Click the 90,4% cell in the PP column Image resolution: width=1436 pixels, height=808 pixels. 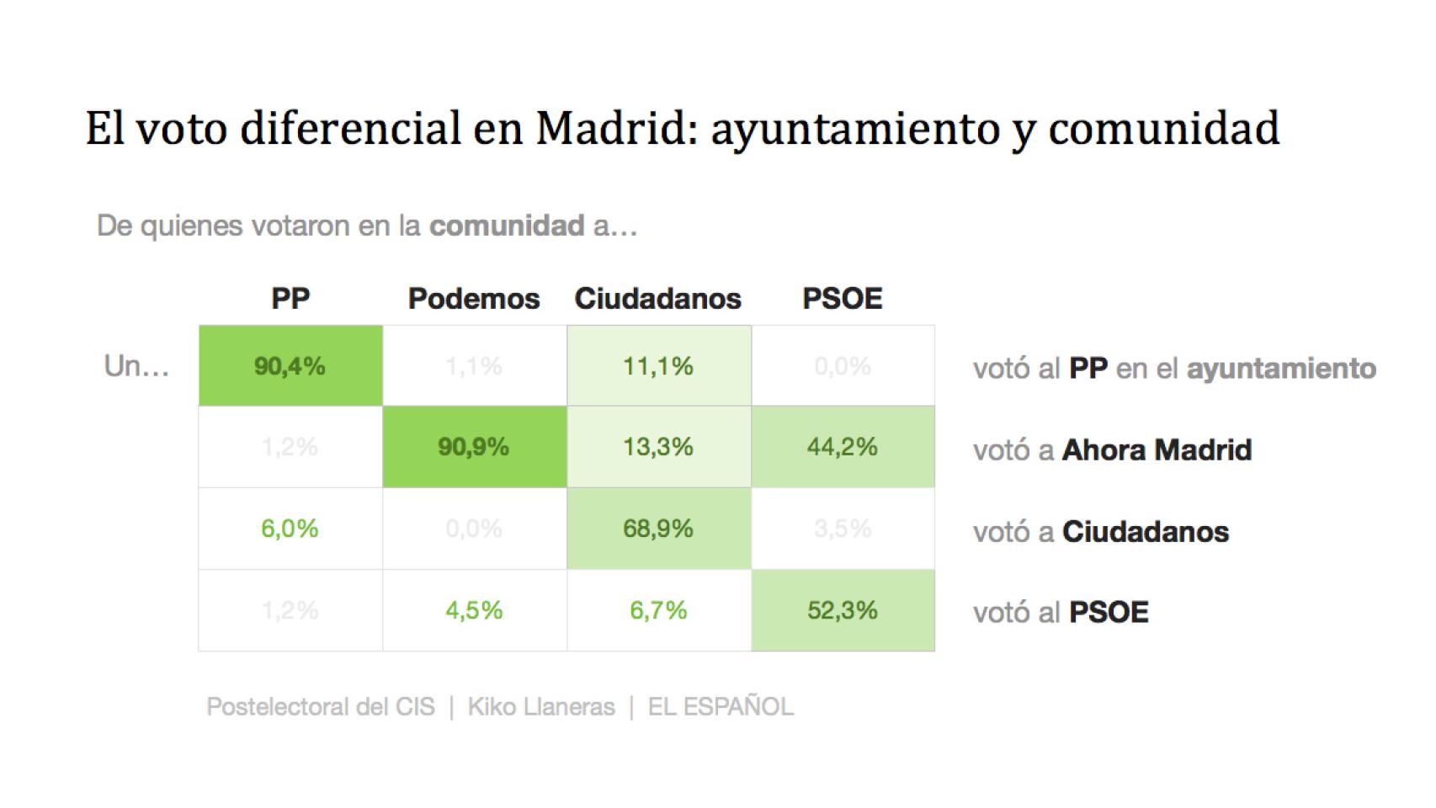pyautogui.click(x=290, y=366)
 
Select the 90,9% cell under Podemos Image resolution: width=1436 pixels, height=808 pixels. pyautogui.click(x=474, y=447)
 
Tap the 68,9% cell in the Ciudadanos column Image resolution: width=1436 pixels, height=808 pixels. pyautogui.click(x=658, y=529)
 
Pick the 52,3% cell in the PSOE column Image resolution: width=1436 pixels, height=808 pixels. pyautogui.click(x=843, y=610)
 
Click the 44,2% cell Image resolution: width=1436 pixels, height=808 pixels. pyautogui.click(x=843, y=447)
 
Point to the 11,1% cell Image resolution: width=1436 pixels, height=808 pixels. pyautogui.click(x=658, y=366)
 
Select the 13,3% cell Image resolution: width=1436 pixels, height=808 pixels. pyautogui.click(x=658, y=447)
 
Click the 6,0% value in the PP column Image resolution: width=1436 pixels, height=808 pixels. pyautogui.click(x=290, y=529)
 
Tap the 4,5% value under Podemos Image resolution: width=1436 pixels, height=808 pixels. pyautogui.click(x=474, y=610)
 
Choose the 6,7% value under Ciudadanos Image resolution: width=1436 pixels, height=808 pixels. pyautogui.click(x=658, y=610)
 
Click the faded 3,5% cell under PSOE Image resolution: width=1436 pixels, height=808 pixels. pyautogui.click(x=843, y=529)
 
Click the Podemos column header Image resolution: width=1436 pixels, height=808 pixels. pyautogui.click(x=474, y=299)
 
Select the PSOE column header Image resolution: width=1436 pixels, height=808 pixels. pyautogui.click(x=843, y=299)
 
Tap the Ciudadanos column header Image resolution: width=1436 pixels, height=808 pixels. pyautogui.click(x=658, y=299)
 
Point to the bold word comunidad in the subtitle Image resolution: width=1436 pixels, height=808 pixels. pyautogui.click(x=507, y=226)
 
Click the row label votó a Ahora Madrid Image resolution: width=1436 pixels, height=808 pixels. pyautogui.click(x=1112, y=450)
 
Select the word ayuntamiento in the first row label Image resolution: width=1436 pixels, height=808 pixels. pyautogui.click(x=1281, y=369)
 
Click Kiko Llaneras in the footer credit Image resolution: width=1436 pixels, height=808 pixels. pyautogui.click(x=541, y=707)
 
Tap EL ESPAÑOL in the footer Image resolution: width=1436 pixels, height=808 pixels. pyautogui.click(x=721, y=707)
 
